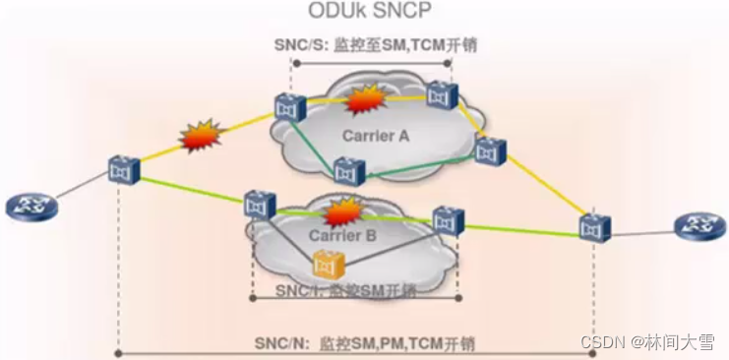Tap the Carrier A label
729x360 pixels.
(375, 135)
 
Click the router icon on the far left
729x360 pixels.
(23, 208)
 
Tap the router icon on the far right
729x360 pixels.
(698, 225)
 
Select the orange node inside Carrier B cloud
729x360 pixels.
(326, 264)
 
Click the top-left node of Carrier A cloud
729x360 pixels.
(286, 106)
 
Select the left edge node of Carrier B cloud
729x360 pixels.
(260, 205)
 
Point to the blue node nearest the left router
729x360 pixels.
(123, 170)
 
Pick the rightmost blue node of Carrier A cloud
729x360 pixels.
(489, 150)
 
